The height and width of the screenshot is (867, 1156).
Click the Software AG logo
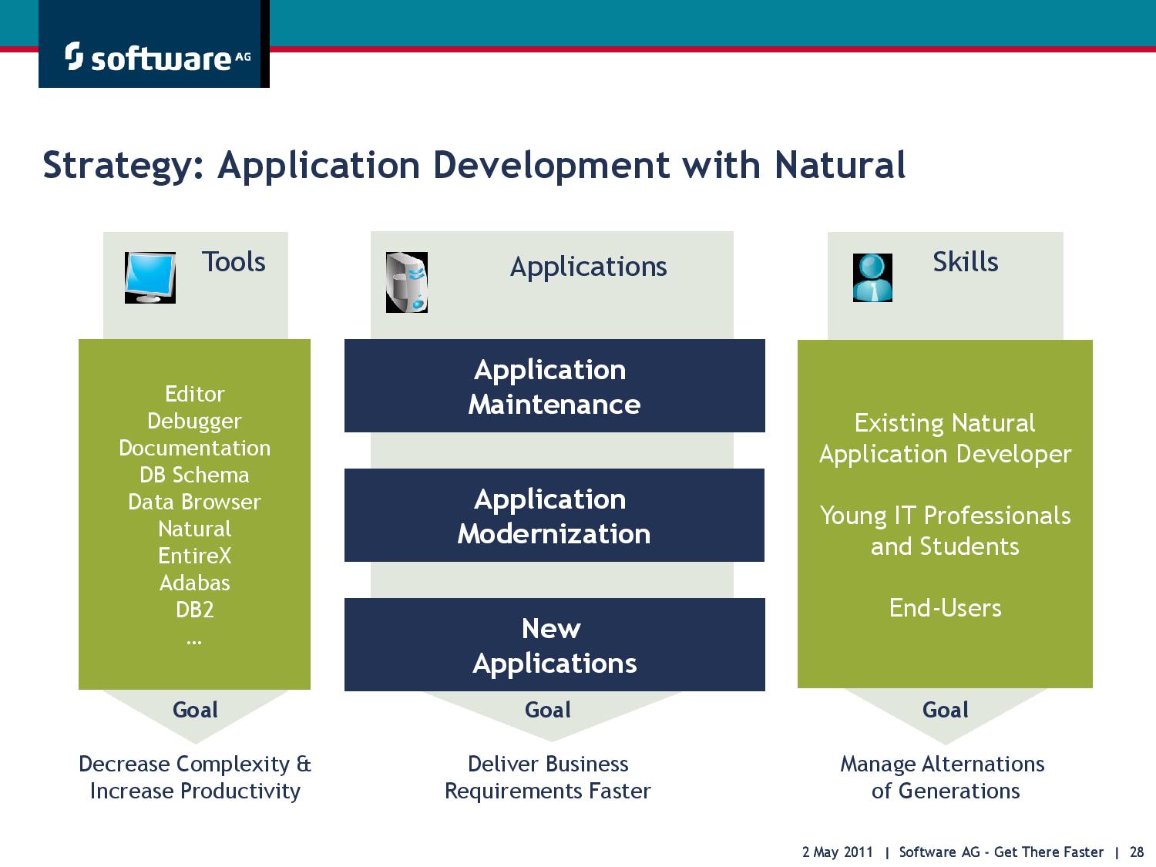point(157,57)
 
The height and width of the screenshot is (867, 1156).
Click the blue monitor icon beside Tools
point(150,277)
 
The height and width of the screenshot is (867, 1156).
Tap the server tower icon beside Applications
point(407,282)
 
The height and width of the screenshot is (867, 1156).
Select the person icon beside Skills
point(872,277)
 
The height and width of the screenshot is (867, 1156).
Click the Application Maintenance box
point(555,386)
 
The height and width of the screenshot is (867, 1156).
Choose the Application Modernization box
point(555,516)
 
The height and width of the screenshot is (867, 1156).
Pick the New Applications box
point(555,645)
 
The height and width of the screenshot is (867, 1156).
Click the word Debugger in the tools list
point(194,421)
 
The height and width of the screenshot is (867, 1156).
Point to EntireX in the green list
point(194,556)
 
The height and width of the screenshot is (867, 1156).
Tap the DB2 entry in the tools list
point(194,610)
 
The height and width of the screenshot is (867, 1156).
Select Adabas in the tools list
point(194,583)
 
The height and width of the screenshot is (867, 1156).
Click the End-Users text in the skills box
point(946,608)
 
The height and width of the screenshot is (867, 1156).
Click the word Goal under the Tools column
point(195,710)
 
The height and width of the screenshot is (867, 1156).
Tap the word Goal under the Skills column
point(946,710)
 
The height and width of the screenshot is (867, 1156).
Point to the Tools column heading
point(234,261)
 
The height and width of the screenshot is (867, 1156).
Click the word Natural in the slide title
point(840,165)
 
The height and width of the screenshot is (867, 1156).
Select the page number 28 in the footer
point(1137,852)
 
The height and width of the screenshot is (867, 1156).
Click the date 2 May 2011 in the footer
point(838,852)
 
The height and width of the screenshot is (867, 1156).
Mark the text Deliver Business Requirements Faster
point(548,778)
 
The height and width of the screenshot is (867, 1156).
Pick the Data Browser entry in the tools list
point(194,502)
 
